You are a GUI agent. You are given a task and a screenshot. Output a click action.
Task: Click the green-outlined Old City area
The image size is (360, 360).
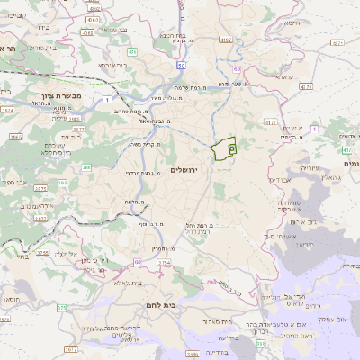222,146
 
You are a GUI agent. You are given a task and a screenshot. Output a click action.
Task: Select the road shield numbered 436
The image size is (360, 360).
131,53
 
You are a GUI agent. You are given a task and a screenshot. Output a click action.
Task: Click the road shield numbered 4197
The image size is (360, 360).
270,120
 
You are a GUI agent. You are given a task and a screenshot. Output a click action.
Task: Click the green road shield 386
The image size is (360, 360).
62,183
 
